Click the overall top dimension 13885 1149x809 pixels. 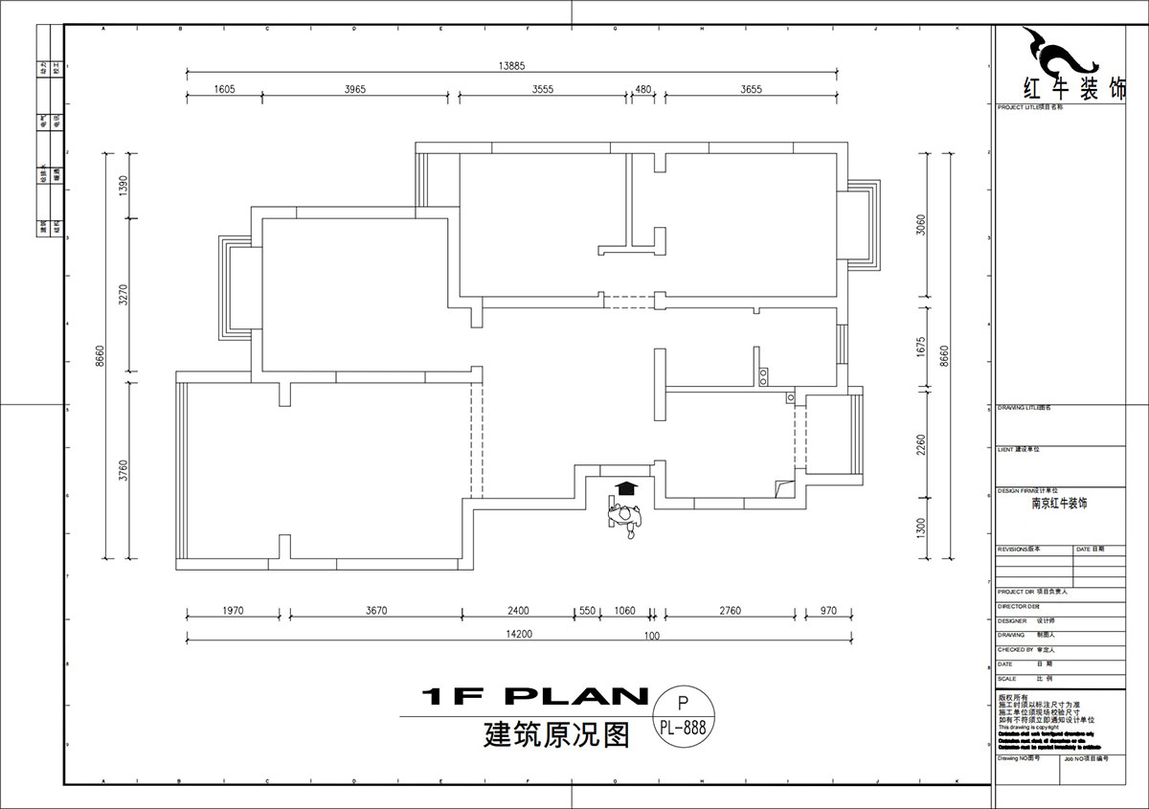[511, 65]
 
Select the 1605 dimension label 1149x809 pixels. [224, 89]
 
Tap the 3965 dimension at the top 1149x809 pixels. [354, 89]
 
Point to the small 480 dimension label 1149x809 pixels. [643, 89]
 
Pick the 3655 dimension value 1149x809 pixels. [751, 89]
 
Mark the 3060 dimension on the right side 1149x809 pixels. [920, 225]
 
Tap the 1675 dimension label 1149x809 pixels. [920, 346]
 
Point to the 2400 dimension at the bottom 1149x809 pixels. [517, 611]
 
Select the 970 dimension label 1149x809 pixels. [828, 611]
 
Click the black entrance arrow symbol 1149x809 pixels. [626, 488]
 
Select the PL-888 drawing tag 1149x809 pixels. [683, 727]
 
